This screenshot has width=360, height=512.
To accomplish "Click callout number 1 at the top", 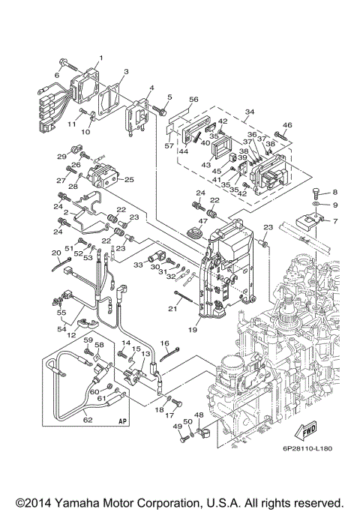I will click(100, 58).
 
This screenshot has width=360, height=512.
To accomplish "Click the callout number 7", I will click(334, 221).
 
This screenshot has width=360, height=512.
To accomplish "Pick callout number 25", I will click(129, 180).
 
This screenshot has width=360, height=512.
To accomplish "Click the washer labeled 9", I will click(317, 205).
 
